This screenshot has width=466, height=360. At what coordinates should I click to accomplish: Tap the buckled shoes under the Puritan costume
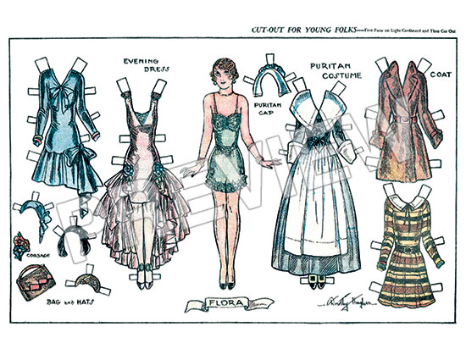316,280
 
